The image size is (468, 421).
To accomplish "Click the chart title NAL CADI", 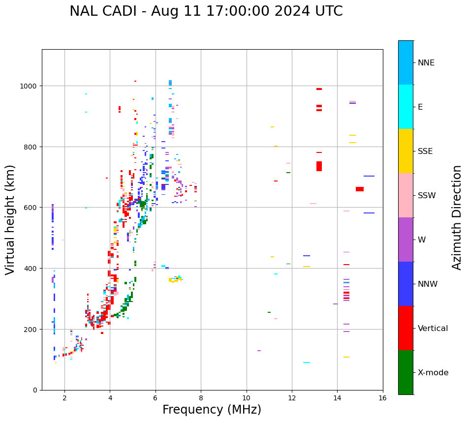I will (206, 11).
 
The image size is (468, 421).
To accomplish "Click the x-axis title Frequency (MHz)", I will (212, 410).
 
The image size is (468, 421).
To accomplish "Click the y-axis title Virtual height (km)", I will (11, 219).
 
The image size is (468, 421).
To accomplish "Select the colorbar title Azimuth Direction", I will (457, 217).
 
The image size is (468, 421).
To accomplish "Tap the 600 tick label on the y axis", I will (31, 208).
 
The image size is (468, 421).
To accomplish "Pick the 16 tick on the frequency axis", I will (383, 399).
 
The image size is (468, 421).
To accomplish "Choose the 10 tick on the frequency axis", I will (247, 399).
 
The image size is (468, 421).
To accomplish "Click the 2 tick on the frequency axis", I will (64, 399).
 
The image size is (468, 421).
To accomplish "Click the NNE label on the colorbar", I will (426, 63).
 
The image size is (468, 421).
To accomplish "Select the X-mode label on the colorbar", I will (433, 373).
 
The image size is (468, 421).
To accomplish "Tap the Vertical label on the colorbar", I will (433, 329).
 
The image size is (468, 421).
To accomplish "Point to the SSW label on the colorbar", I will (427, 196).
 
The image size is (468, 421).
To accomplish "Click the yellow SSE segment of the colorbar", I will (406, 151).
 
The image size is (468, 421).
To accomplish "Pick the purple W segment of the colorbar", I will (406, 240).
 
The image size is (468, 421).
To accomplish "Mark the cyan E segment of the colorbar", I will (406, 107).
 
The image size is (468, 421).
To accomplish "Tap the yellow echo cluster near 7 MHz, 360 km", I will (175, 280).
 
